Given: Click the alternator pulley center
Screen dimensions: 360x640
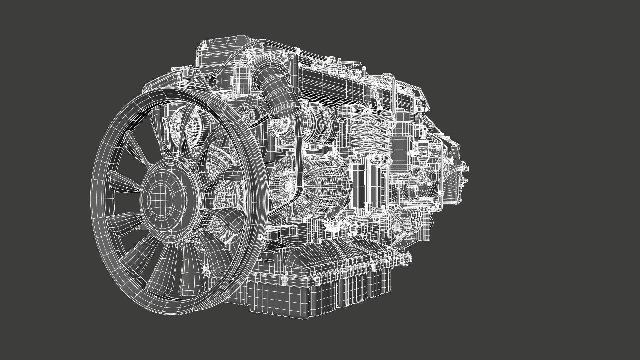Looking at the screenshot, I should [x=287, y=184].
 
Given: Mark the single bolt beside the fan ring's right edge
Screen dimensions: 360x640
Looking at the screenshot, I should [x=261, y=237].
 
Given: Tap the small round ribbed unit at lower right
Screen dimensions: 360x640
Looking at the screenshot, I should [x=398, y=227].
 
